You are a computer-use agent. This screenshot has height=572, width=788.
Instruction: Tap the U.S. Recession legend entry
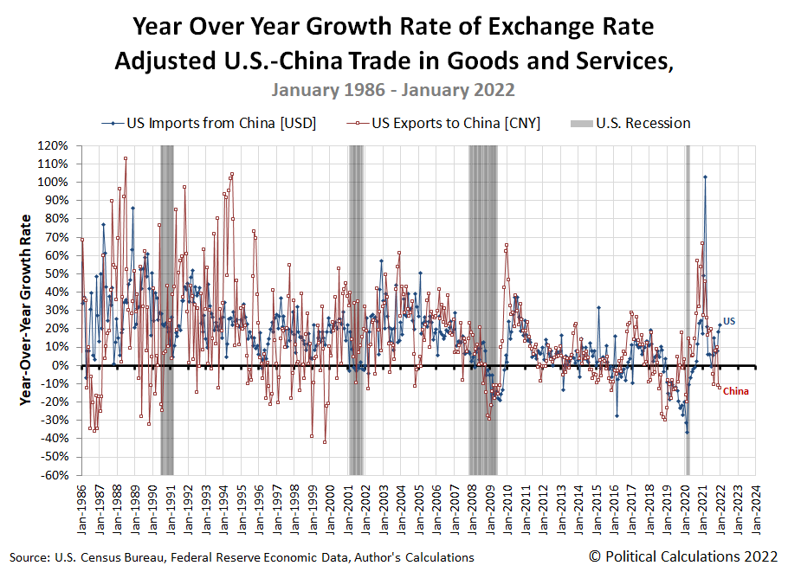[643, 123]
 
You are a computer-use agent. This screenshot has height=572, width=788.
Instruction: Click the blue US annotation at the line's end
[729, 321]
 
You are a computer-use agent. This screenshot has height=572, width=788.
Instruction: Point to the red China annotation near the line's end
[736, 391]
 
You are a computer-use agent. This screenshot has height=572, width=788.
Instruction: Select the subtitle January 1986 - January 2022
[393, 89]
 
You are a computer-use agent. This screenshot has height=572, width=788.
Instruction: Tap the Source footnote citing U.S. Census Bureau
[242, 557]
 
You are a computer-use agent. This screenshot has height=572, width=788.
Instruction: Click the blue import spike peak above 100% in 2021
[705, 177]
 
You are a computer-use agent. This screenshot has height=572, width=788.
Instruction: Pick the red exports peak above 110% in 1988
[126, 158]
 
